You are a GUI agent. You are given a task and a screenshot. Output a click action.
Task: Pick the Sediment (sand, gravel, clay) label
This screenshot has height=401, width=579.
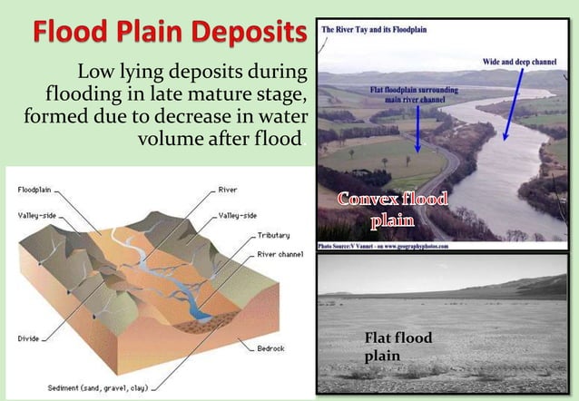pos(99,386)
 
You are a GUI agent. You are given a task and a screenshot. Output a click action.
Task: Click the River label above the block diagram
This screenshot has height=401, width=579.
pos(228,191)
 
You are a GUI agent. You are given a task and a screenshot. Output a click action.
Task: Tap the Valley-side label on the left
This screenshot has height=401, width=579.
pos(38,216)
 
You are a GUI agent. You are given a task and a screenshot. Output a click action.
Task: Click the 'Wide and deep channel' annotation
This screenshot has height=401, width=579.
pos(520,61)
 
